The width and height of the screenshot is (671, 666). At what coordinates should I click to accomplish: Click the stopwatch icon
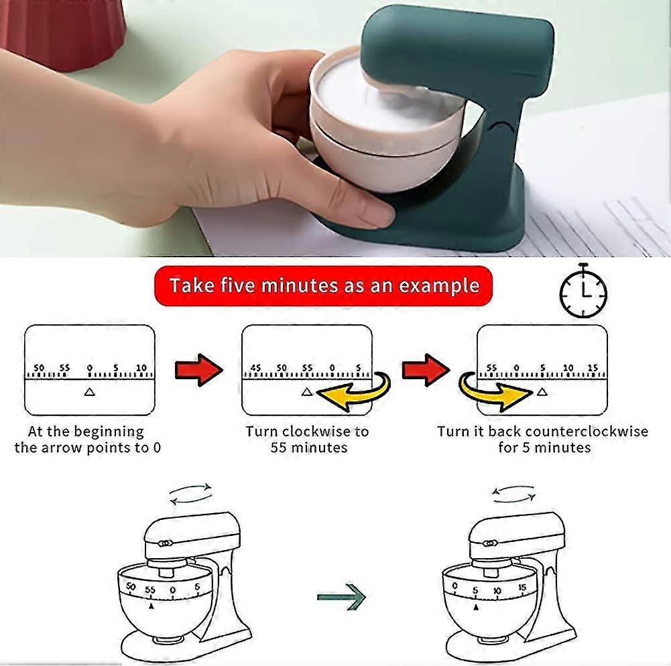[583, 291]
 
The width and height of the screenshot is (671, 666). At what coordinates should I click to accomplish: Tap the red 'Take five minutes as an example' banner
[324, 285]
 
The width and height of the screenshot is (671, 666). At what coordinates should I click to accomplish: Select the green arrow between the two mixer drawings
[341, 596]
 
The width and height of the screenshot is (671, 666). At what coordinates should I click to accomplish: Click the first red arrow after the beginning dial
[199, 370]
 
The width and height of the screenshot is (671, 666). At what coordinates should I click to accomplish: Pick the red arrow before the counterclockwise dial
[426, 370]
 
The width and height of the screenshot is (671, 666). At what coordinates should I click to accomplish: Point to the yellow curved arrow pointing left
[355, 391]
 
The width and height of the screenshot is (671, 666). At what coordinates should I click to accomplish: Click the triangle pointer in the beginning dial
[89, 391]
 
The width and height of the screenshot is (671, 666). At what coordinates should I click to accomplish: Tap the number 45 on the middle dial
[255, 367]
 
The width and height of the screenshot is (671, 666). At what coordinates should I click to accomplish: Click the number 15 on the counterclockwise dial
[593, 367]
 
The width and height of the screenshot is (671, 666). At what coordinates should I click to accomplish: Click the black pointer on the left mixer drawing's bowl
[151, 606]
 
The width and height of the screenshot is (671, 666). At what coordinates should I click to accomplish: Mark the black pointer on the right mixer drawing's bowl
[476, 606]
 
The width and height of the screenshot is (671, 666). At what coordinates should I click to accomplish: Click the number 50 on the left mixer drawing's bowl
[131, 586]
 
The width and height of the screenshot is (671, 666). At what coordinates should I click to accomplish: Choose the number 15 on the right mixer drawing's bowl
[522, 588]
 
